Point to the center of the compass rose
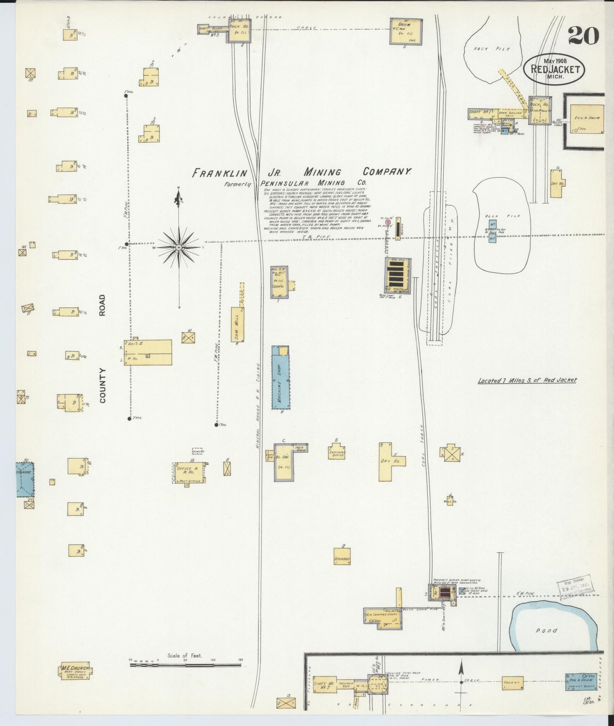179,247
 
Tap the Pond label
546,630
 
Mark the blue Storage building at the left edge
25,479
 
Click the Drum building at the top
406,31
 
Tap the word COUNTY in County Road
102,386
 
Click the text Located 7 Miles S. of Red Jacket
527,380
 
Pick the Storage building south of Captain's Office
342,554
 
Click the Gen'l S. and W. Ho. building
148,352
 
